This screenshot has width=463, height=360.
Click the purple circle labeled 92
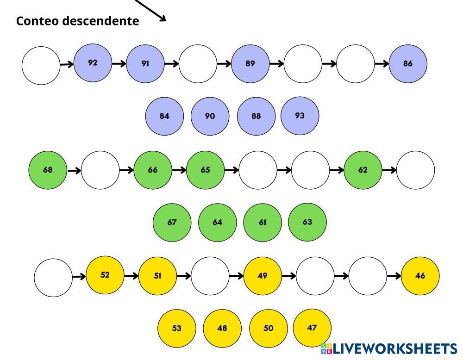[93, 63]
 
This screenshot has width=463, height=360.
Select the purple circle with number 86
[407, 64]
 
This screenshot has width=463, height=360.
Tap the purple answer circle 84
[164, 116]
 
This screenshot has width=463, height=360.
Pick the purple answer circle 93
[300, 116]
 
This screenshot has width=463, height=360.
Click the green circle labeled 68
[48, 170]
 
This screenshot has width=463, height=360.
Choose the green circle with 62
[363, 170]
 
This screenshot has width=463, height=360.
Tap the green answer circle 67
[172, 223]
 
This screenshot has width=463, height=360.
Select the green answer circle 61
[263, 223]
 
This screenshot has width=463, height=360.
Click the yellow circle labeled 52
[105, 275]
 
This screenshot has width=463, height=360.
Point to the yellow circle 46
[420, 276]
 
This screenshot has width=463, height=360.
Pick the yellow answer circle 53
[177, 329]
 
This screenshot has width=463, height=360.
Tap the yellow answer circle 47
[312, 328]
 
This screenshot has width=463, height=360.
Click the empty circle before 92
[41, 65]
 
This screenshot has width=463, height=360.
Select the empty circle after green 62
[415, 170]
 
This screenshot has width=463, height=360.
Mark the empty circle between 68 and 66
[100, 170]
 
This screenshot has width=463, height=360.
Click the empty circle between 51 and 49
[210, 276]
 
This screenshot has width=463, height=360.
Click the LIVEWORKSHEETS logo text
[394, 349]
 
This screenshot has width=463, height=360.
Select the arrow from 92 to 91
[119, 64]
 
